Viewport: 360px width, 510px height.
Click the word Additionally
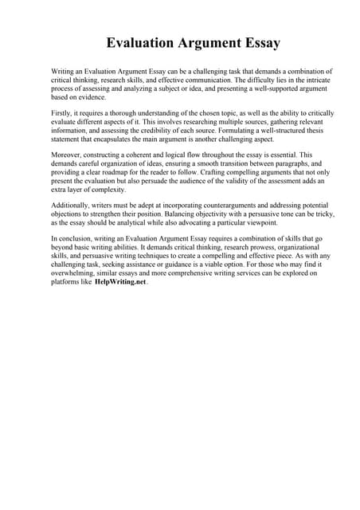pos(72,195)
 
